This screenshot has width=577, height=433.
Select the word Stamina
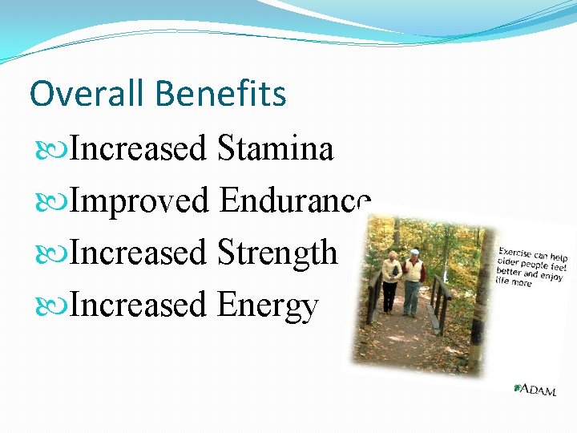click(275, 149)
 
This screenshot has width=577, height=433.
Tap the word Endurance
click(294, 201)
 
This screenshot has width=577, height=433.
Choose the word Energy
click(268, 306)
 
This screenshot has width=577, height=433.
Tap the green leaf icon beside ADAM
click(518, 388)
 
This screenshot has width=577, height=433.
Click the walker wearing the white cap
click(413, 277)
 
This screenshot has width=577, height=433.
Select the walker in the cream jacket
click(390, 277)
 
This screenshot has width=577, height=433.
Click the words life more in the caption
click(513, 281)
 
